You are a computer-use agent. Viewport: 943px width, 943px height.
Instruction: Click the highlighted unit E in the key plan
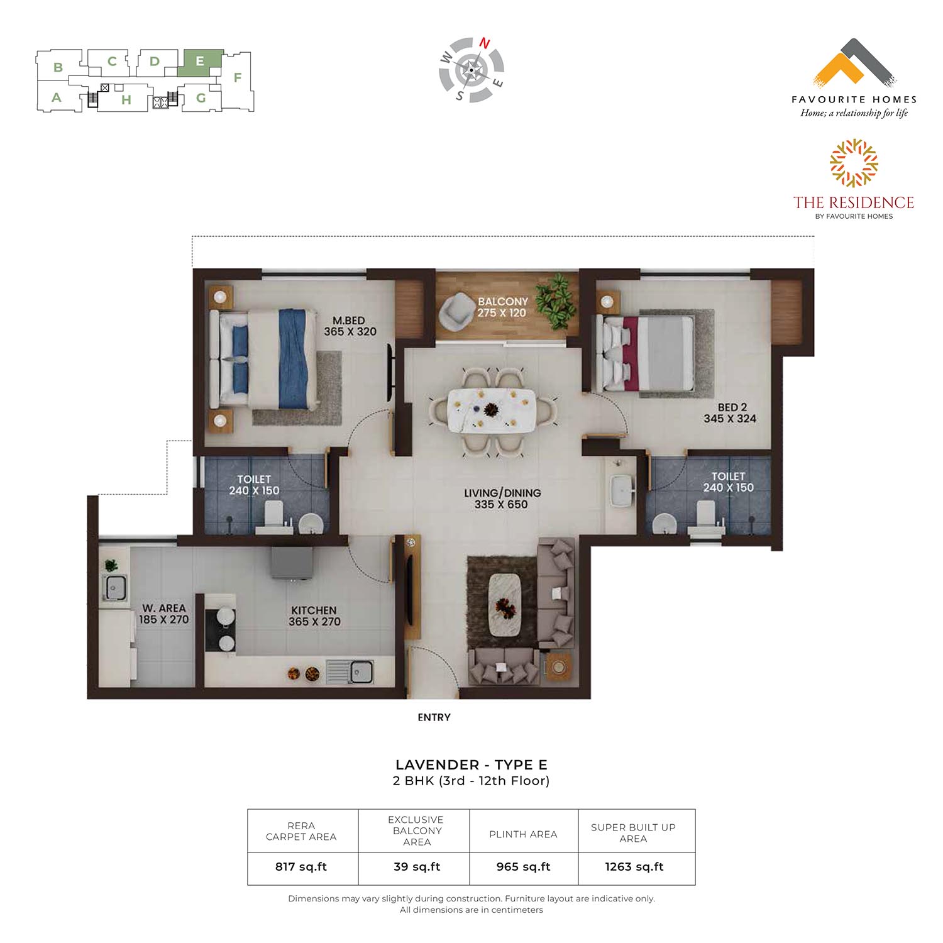(200, 63)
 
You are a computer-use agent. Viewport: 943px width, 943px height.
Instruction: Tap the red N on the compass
(485, 43)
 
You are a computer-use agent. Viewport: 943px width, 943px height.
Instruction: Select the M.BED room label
(349, 321)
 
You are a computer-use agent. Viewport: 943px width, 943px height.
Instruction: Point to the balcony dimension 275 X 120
(502, 312)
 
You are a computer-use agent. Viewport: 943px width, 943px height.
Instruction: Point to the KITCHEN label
(314, 610)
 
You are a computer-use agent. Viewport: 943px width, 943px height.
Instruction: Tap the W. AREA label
(163, 608)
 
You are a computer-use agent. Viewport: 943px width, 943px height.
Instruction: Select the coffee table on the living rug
(505, 605)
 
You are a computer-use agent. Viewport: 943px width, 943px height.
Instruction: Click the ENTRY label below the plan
(434, 717)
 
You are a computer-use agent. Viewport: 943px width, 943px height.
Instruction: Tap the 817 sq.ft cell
(301, 867)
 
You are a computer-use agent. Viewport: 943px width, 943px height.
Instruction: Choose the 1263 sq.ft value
(634, 867)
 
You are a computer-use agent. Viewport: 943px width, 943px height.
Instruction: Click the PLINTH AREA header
(523, 834)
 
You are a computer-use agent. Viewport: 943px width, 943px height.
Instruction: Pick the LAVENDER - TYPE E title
(472, 765)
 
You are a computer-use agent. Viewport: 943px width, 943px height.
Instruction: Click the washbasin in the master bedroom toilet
(309, 522)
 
